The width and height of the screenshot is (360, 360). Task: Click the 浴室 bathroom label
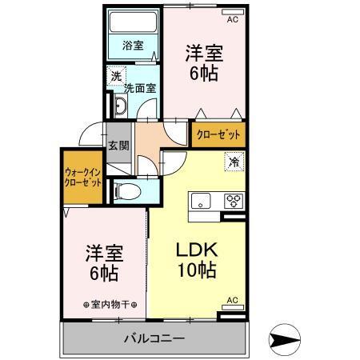click(133, 46)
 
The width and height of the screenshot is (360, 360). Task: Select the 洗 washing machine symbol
click(116, 77)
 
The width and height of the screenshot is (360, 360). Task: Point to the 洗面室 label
click(138, 89)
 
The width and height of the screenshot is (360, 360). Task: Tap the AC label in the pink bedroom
click(233, 19)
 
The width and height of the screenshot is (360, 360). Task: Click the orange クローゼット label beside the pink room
click(218, 134)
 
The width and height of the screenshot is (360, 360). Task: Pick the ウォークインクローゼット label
click(82, 177)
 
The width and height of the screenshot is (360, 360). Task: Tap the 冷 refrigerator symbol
click(234, 162)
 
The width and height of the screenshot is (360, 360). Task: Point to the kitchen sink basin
click(200, 200)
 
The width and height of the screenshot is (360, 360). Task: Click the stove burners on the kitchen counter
click(234, 200)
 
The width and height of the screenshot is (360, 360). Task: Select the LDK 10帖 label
click(197, 258)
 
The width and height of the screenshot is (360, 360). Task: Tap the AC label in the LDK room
click(233, 300)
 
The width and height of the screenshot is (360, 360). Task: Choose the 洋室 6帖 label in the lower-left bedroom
click(103, 262)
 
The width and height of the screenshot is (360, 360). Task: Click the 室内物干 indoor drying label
click(110, 305)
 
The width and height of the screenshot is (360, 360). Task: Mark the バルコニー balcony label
click(154, 338)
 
